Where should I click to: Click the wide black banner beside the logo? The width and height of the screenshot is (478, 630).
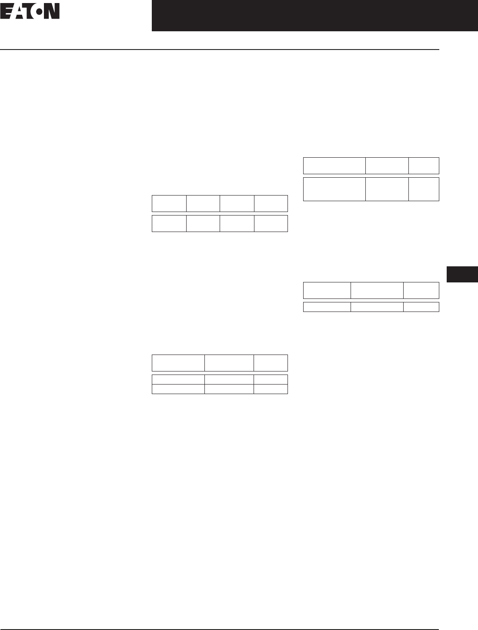(314, 16)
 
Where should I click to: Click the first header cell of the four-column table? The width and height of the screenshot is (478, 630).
(169, 203)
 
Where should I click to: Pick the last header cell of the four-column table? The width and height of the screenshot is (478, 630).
(271, 203)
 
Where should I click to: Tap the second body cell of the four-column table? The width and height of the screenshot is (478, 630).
(203, 223)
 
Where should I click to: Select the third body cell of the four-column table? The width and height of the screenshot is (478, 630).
(237, 223)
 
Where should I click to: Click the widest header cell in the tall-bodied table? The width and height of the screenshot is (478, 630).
(334, 166)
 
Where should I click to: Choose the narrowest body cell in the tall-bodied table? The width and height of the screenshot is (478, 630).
(424, 189)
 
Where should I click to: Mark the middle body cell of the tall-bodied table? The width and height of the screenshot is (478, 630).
(387, 189)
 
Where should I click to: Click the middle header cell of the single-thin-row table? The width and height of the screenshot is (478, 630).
(377, 290)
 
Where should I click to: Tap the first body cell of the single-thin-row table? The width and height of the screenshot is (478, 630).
(327, 307)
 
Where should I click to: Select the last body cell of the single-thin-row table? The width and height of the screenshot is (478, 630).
(421, 307)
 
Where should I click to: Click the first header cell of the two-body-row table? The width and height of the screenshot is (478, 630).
(178, 363)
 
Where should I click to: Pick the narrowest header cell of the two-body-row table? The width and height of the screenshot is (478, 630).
(271, 363)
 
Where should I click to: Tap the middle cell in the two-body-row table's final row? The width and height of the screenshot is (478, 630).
(229, 389)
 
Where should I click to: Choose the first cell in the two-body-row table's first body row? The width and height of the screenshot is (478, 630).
(178, 379)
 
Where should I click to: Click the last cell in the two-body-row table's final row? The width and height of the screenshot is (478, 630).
(271, 389)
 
